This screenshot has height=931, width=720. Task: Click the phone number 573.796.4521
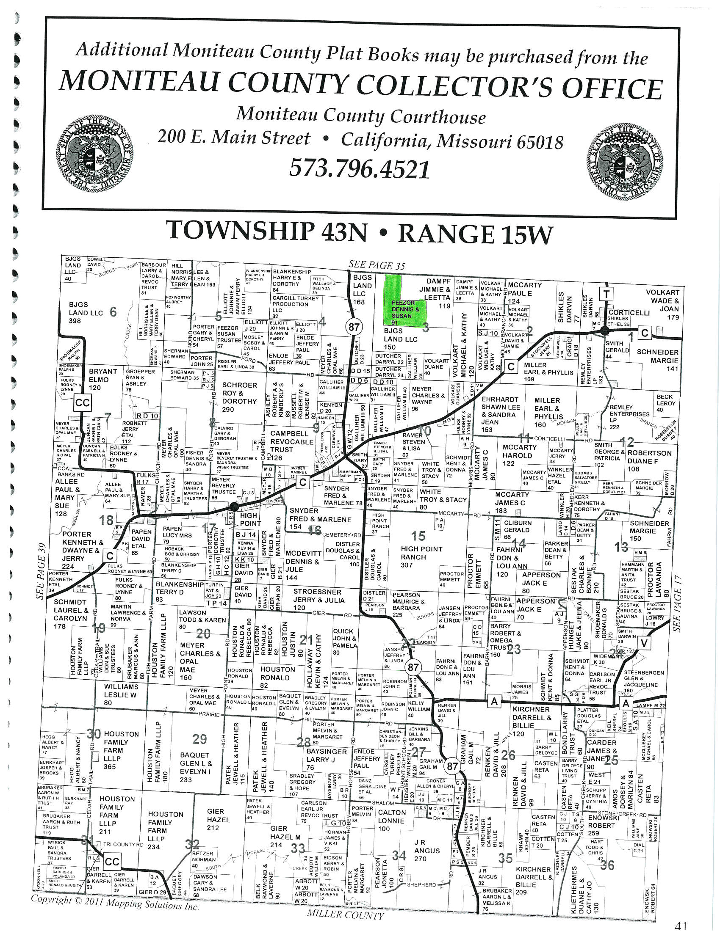click(x=359, y=169)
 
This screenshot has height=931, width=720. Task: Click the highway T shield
click(x=606, y=293)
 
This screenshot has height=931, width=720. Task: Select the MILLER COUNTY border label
click(x=345, y=914)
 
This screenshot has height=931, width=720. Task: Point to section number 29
click(x=199, y=739)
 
